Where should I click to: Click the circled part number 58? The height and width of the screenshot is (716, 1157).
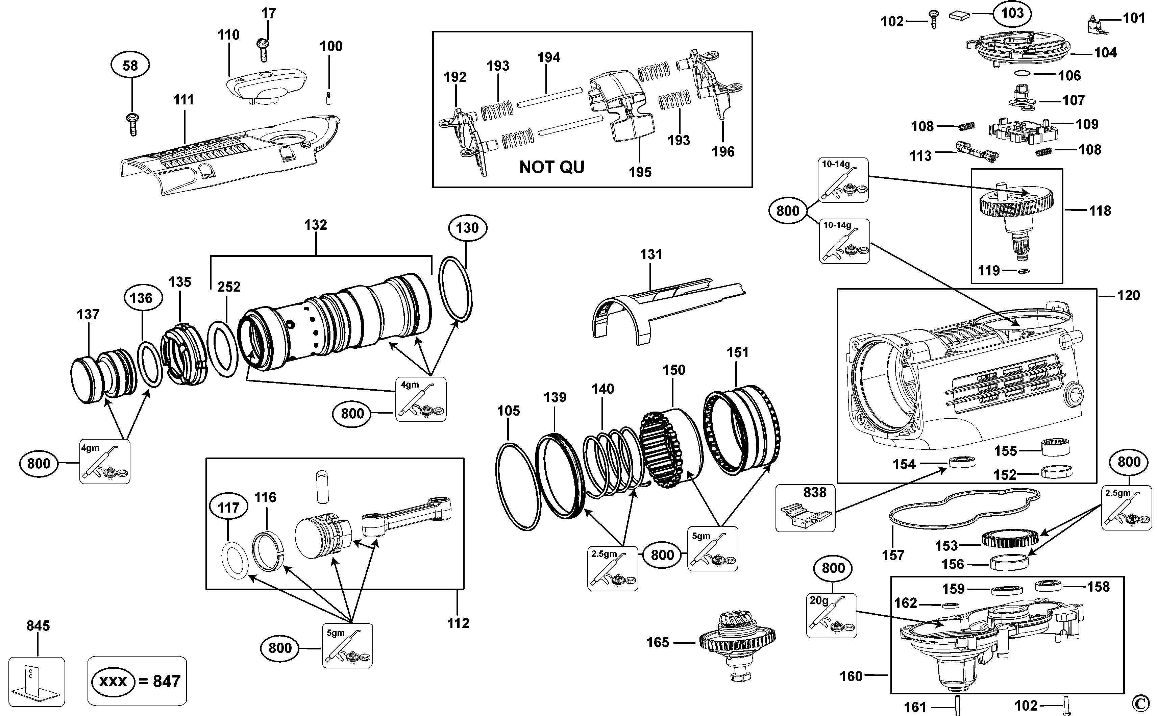130,65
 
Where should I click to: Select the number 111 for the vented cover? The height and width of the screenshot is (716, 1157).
184,100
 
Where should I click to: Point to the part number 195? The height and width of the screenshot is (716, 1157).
640,172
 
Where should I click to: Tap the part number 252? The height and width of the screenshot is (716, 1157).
229,287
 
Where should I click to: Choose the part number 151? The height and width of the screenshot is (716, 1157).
737,353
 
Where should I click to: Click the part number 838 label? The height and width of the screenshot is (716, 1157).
815,493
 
